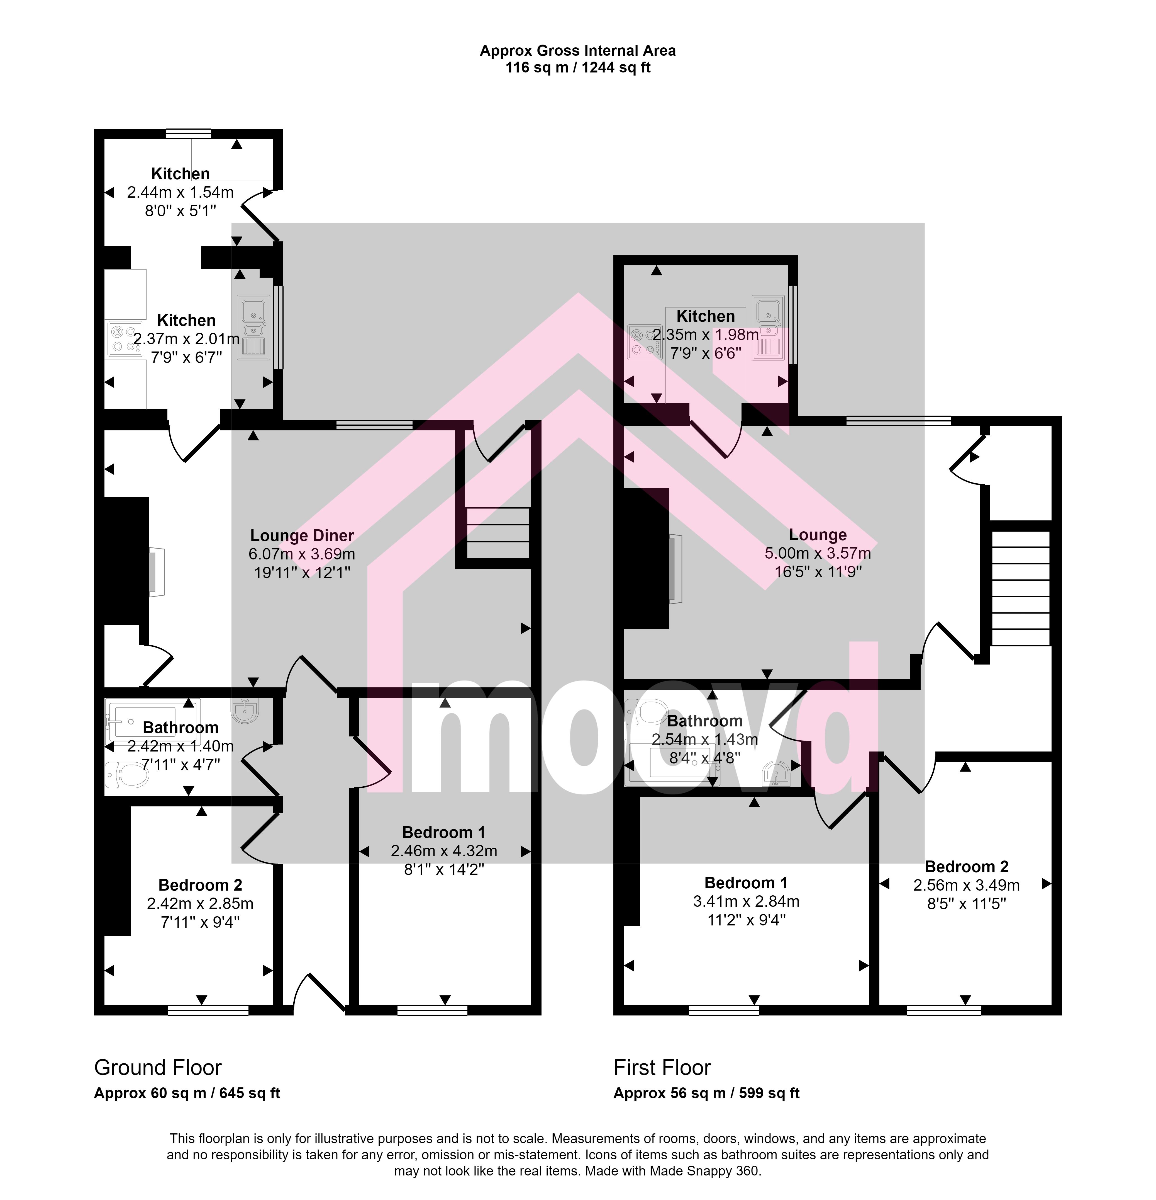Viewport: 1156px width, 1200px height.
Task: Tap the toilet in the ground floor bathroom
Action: pos(127,775)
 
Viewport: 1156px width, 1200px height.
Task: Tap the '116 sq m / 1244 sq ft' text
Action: pos(578,67)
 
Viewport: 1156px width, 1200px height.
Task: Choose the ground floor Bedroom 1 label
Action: pos(444,832)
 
